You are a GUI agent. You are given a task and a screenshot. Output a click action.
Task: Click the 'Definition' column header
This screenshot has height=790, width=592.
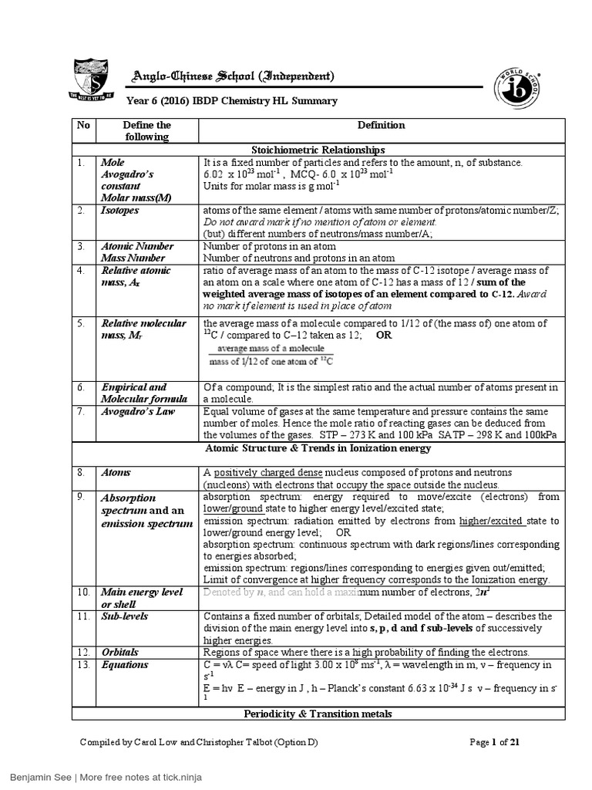[382, 125]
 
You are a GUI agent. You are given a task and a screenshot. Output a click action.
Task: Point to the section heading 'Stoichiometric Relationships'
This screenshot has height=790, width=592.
[318, 150]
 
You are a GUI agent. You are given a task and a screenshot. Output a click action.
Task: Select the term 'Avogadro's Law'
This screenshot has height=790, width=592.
[138, 411]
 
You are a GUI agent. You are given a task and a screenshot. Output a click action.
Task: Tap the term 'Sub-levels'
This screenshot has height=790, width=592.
[124, 616]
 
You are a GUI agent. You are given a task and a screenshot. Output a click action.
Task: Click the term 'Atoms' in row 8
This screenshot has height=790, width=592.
[115, 472]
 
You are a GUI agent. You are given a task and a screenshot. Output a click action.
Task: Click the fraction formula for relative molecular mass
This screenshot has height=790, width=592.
[275, 355]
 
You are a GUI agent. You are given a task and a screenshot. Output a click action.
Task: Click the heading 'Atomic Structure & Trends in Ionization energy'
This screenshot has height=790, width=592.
[318, 448]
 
